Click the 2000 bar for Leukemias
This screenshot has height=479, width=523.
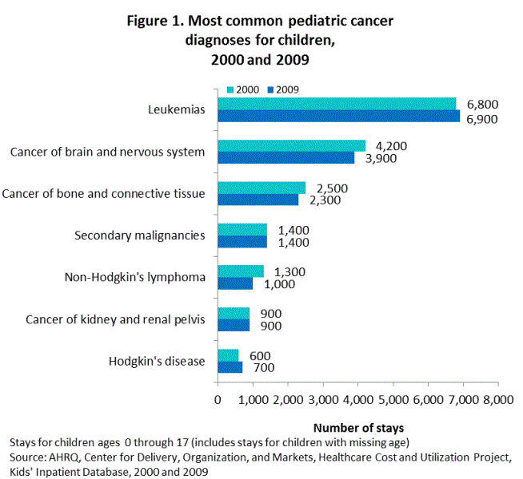(337, 104)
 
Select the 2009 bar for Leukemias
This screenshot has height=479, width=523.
(338, 117)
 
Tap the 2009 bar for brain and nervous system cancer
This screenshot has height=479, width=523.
(285, 158)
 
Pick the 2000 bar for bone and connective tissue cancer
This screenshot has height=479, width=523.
(261, 188)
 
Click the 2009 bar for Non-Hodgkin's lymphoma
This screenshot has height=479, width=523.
(235, 283)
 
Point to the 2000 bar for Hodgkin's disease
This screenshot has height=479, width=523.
(228, 354)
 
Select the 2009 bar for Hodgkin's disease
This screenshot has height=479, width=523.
(230, 367)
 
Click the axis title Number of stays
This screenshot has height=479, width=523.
(358, 427)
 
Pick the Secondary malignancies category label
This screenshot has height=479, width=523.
(139, 236)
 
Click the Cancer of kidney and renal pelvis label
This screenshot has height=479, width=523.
(115, 319)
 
